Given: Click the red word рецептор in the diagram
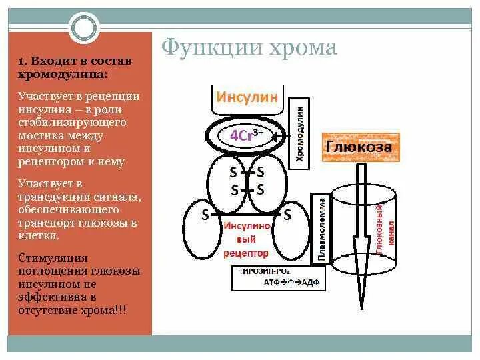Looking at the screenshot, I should point(247,253).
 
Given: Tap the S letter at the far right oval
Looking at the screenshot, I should point(287,215).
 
